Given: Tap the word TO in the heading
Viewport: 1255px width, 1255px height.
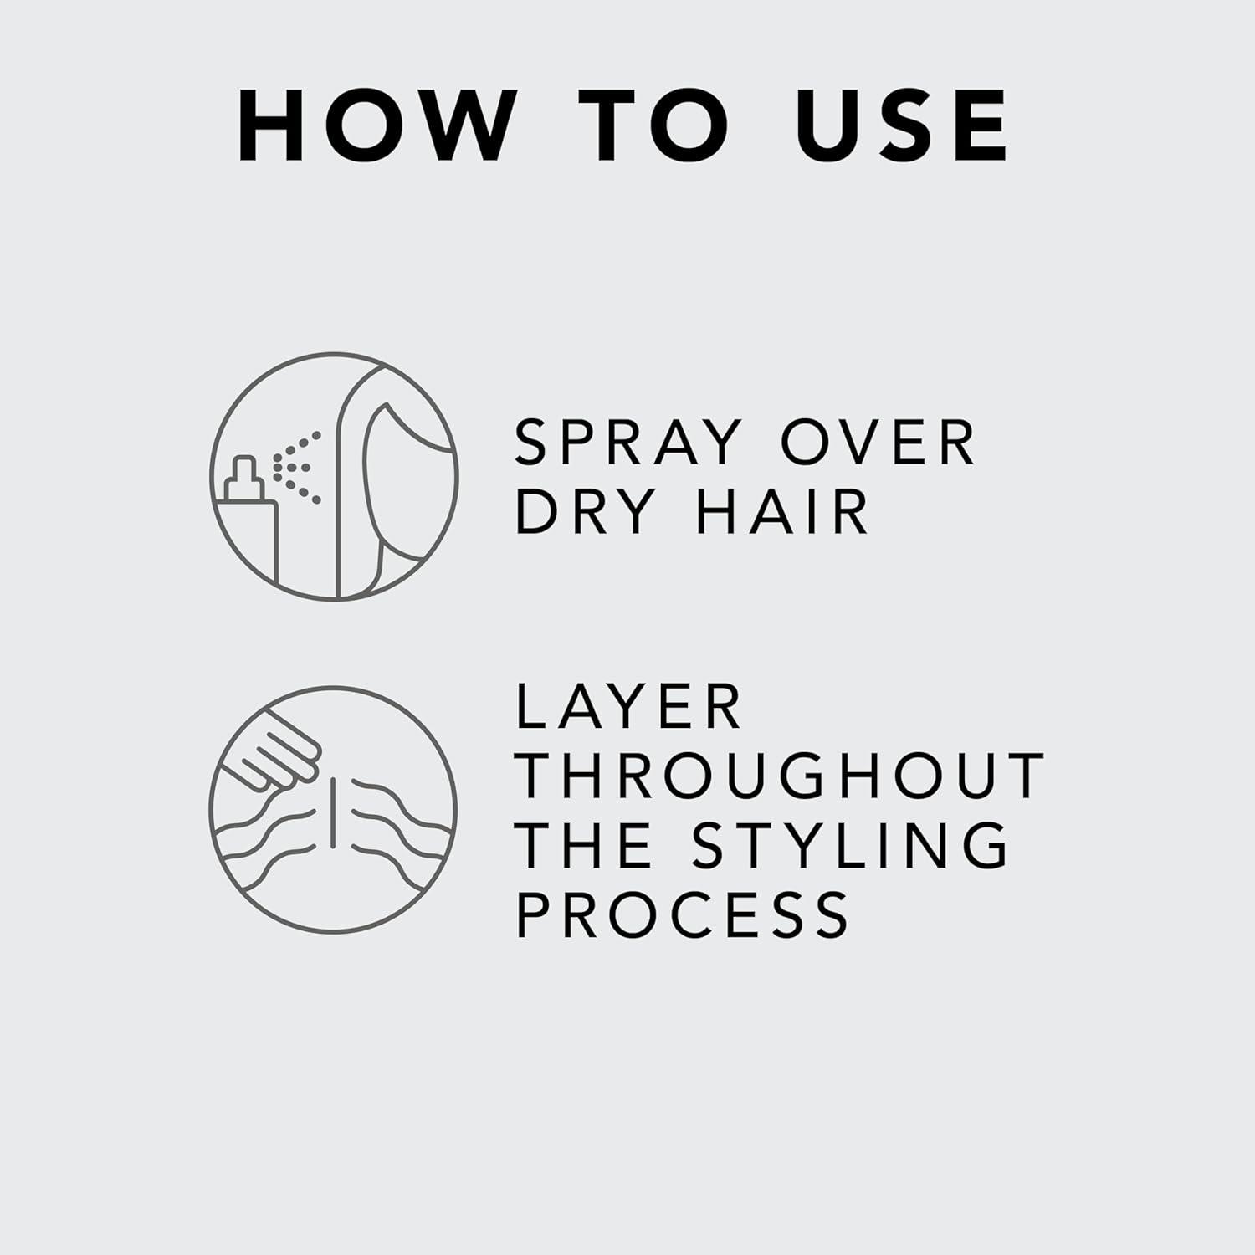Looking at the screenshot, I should click(653, 125).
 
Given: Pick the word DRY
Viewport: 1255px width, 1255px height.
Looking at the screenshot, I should click(585, 511).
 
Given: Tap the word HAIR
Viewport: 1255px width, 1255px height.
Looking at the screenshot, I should click(783, 511).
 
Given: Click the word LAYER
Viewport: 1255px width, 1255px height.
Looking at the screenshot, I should click(628, 707).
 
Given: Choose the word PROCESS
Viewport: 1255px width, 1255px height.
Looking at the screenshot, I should click(682, 914).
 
